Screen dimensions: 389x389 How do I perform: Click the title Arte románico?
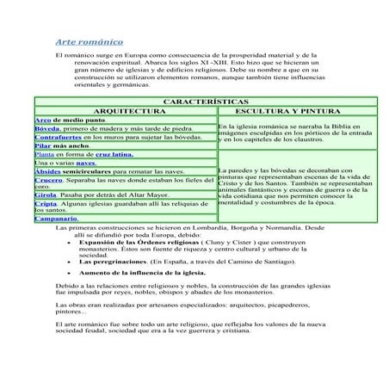89,40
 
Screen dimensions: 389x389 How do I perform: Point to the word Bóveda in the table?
47,129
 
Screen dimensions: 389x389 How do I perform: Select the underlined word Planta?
44,156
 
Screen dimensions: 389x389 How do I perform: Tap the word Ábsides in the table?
48,172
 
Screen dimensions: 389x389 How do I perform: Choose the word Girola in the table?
46,195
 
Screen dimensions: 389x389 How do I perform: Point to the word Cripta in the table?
46,204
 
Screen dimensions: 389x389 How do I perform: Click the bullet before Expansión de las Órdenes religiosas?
69,244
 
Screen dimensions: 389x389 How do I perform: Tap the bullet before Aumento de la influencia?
69,272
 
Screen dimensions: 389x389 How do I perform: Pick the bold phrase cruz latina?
114,156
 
